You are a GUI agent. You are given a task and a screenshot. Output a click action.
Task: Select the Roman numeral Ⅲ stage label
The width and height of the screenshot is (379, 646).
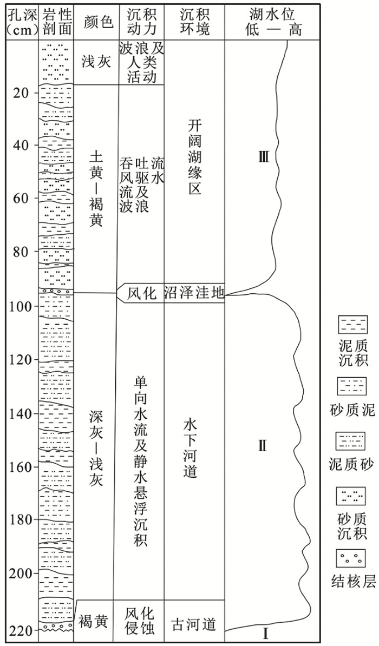[264, 157]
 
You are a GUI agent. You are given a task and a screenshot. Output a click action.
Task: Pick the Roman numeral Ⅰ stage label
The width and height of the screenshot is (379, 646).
[265, 631]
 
